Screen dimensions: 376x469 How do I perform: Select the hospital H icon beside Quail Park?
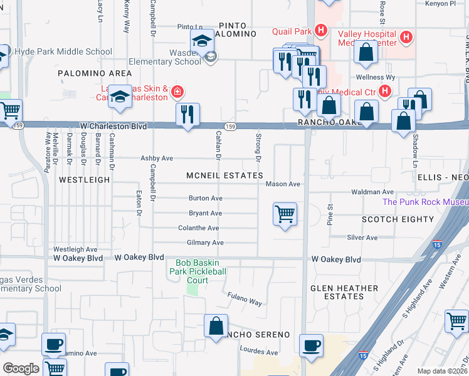321,30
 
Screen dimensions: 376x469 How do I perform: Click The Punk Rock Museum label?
425,202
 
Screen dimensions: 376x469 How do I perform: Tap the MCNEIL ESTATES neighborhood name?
224,175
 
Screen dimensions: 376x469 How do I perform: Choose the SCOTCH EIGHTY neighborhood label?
398,219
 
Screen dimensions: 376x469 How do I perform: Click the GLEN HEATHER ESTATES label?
344,292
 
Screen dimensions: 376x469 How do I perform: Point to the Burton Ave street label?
206,198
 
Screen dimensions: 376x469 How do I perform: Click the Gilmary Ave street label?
205,243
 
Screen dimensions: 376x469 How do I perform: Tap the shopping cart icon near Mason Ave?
285,214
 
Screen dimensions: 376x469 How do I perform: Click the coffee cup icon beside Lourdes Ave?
311,345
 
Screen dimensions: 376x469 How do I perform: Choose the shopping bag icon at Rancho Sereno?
216,326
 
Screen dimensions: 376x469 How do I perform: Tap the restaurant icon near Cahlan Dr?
187,114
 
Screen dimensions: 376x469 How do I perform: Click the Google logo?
21,368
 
